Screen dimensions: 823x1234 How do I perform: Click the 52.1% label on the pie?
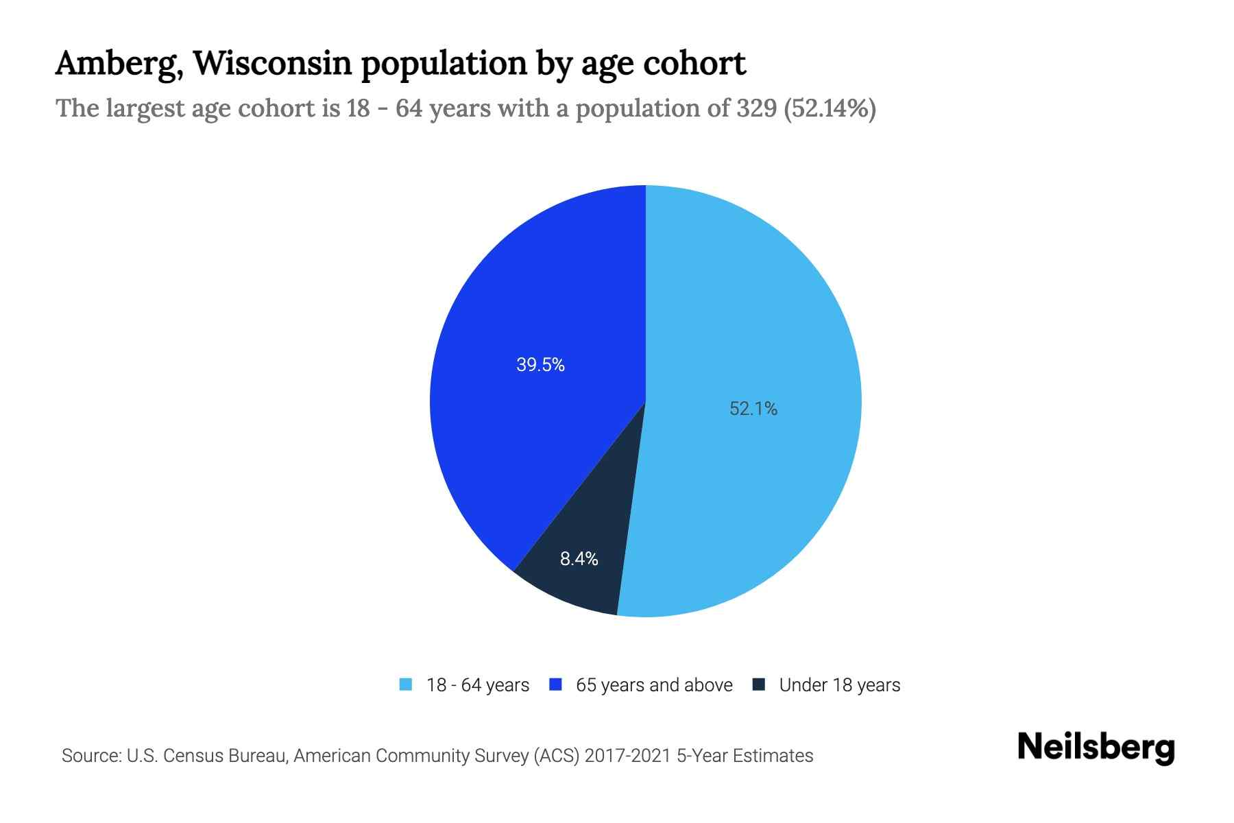tap(753, 409)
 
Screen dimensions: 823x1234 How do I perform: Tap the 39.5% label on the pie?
tap(540, 365)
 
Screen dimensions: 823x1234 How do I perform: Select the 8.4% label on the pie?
tap(579, 559)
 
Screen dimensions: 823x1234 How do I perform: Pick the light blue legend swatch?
tap(406, 684)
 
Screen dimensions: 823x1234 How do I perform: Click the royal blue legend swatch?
tap(556, 684)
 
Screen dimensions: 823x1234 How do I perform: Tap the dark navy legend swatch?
tap(759, 684)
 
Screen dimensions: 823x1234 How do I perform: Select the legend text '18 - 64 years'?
tap(478, 685)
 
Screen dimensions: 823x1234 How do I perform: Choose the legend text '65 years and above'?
tap(654, 685)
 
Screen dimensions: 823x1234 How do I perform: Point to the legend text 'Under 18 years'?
tap(840, 685)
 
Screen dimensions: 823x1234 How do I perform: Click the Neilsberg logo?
tap(1096, 748)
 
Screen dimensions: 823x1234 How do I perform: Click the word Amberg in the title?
tap(118, 64)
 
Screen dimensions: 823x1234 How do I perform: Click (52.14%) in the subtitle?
tap(830, 109)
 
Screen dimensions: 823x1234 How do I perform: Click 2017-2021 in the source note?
tap(628, 756)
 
